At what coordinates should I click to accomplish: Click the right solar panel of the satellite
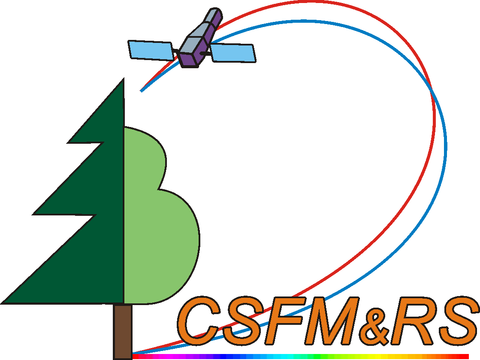pos(233,53)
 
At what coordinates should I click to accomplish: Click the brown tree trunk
pos(123,332)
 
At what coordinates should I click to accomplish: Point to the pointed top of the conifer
pos(124,78)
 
